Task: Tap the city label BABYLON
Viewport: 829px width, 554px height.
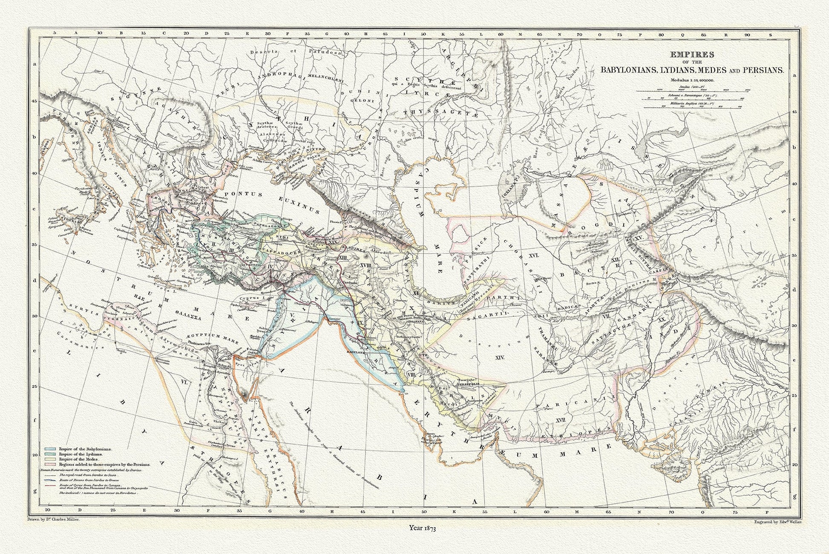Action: tap(357, 353)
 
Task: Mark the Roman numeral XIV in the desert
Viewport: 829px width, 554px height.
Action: tap(500, 358)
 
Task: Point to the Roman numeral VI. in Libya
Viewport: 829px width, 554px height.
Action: tap(184, 382)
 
